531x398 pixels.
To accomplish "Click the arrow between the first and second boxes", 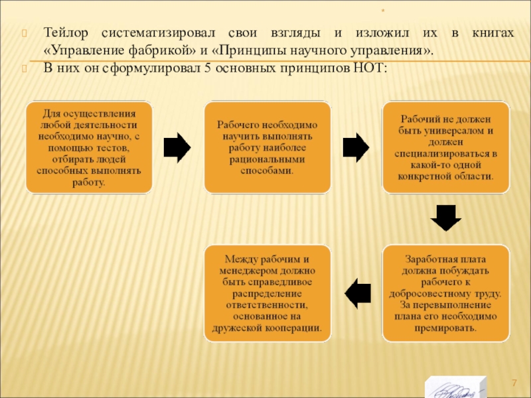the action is click(177, 147).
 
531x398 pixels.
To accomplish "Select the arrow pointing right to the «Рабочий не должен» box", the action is click(356, 147).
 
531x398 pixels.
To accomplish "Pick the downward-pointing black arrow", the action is click(445, 218).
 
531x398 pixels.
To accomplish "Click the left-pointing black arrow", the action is click(358, 293).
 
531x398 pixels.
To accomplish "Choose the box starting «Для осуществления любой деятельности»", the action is click(89, 147).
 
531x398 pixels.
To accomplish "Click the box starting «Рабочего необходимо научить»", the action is click(266, 147).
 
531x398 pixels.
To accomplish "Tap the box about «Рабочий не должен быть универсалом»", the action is click(445, 147).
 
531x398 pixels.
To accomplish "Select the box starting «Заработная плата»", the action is click(445, 293).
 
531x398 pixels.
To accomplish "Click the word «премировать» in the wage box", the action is click(445, 328).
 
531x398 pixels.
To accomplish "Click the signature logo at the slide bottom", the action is click(455, 387).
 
